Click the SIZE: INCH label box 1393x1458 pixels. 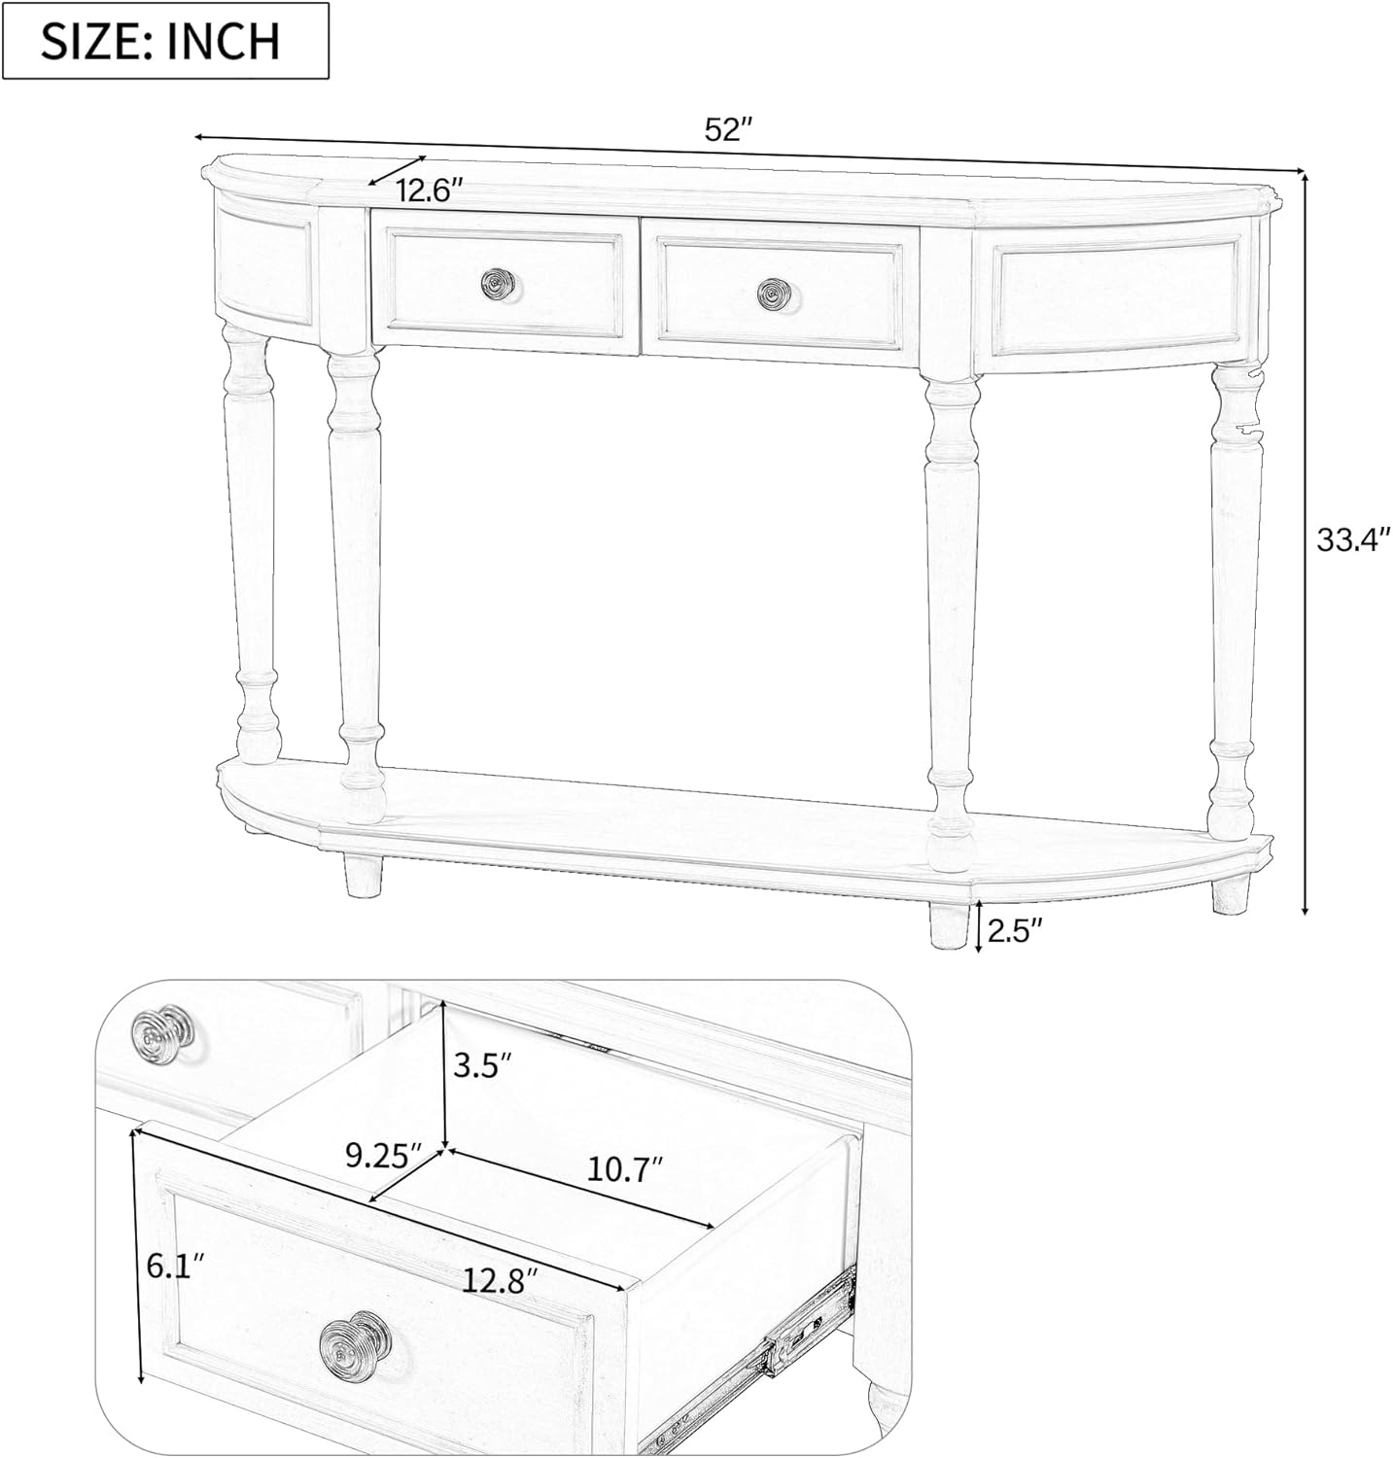165,41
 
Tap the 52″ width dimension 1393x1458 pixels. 728,130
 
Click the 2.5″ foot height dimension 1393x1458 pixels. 1015,930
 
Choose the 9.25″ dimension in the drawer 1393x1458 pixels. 384,1156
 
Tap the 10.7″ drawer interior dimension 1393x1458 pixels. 625,1167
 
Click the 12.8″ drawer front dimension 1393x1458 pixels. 500,1280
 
